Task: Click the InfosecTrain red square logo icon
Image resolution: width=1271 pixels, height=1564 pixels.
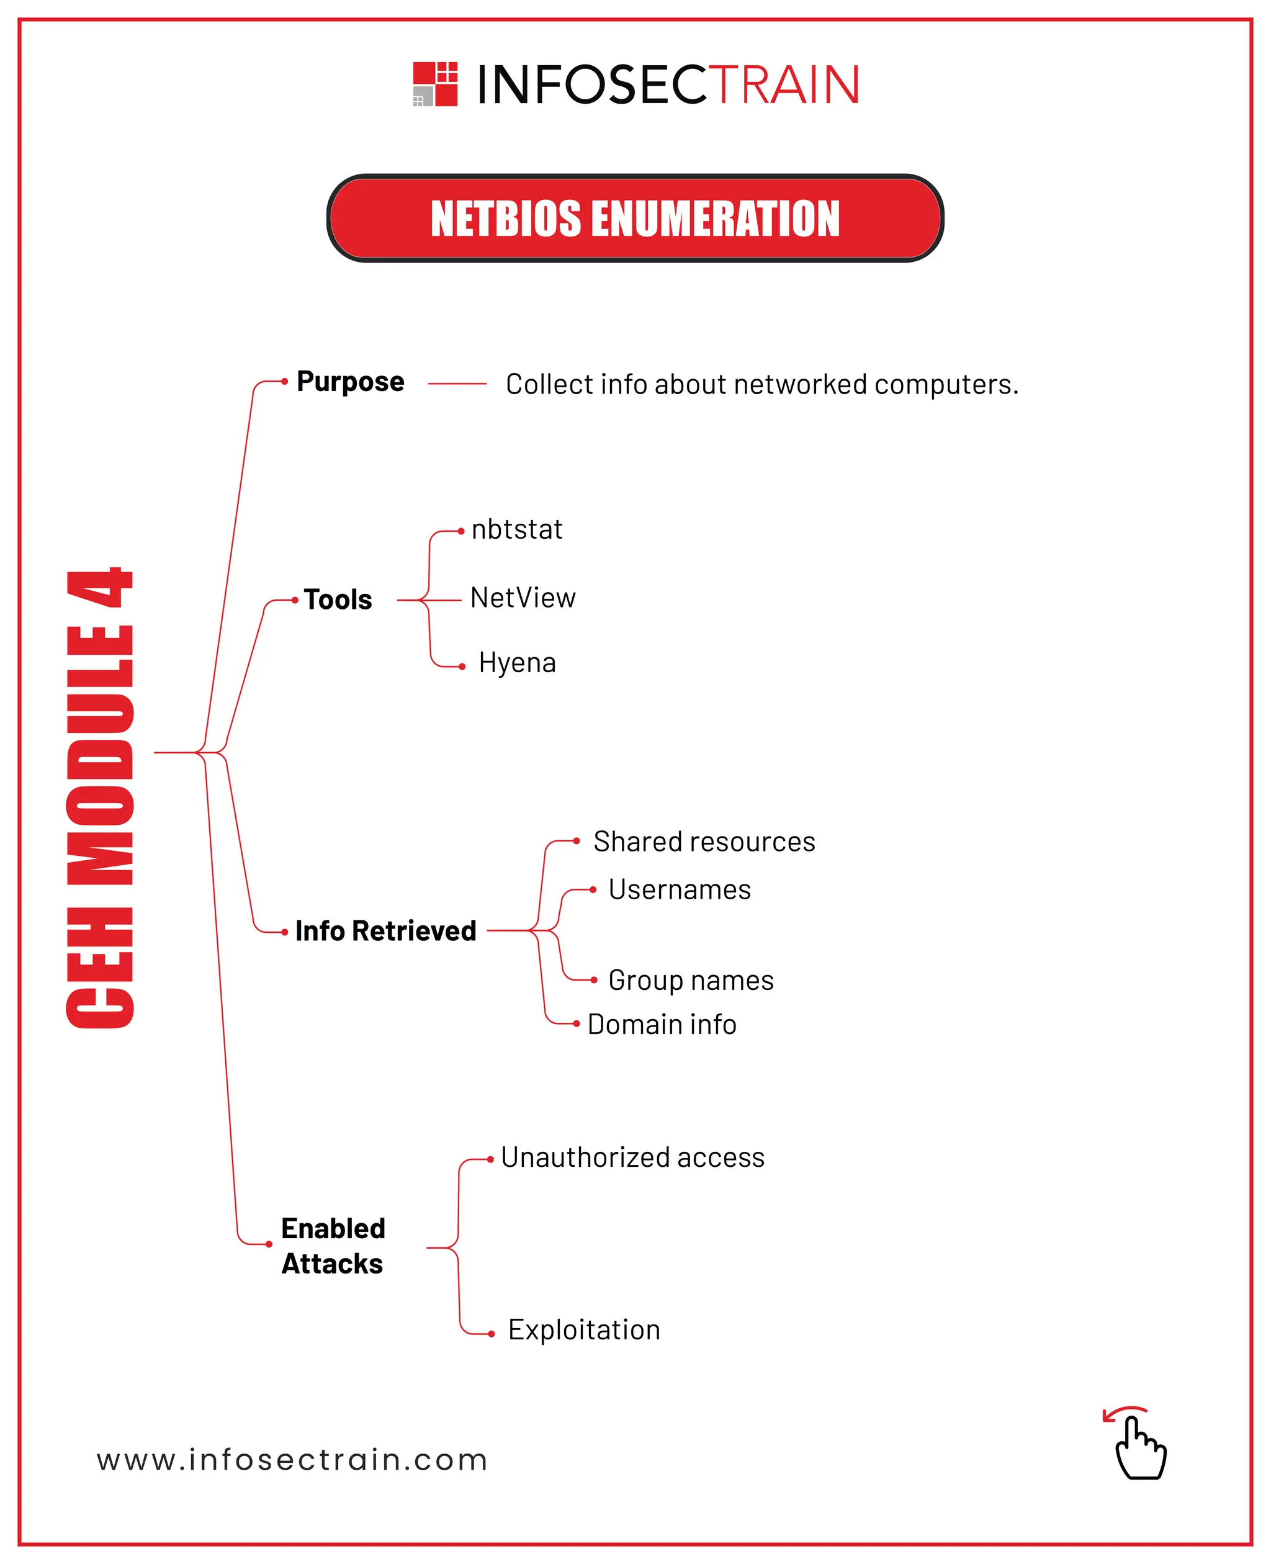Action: [435, 84]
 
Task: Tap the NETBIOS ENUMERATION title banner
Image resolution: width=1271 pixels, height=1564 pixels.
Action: [635, 218]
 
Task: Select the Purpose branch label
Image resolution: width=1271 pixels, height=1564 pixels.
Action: [350, 382]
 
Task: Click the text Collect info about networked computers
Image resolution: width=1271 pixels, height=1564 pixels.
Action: [761, 384]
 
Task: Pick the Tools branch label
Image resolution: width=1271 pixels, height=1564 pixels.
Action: [338, 600]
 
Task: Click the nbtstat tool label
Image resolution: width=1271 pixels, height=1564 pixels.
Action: [517, 529]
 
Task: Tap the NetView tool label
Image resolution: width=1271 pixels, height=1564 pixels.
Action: [523, 598]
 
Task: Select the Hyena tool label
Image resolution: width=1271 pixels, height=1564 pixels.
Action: [517, 663]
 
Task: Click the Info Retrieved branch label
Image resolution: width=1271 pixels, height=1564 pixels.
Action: [386, 930]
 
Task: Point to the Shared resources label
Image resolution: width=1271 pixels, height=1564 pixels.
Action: [704, 842]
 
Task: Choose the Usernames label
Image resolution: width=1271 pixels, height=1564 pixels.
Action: [680, 889]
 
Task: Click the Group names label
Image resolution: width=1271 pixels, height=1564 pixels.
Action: [690, 980]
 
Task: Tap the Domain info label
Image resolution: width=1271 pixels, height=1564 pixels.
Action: [662, 1025]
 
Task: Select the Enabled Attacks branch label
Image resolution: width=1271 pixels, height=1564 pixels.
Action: [333, 1246]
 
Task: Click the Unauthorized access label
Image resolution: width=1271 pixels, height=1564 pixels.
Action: [632, 1157]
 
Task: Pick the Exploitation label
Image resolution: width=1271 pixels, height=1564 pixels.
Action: [584, 1329]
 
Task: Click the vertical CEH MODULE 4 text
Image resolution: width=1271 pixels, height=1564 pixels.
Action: [101, 798]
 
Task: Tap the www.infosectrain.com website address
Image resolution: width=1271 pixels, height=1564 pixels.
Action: [292, 1460]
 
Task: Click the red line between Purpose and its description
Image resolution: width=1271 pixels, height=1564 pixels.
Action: [457, 383]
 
